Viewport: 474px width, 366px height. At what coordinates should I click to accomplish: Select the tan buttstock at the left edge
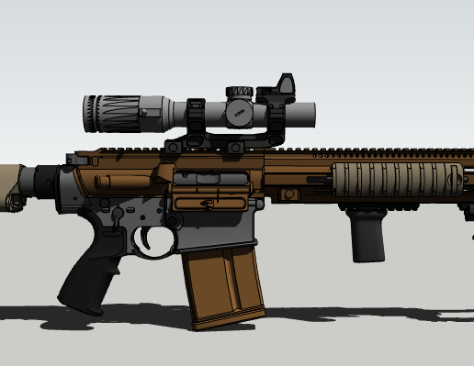pos(14,188)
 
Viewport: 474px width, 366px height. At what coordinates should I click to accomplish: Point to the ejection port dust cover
pos(207,201)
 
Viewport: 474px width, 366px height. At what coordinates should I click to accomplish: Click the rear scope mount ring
pos(197,116)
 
